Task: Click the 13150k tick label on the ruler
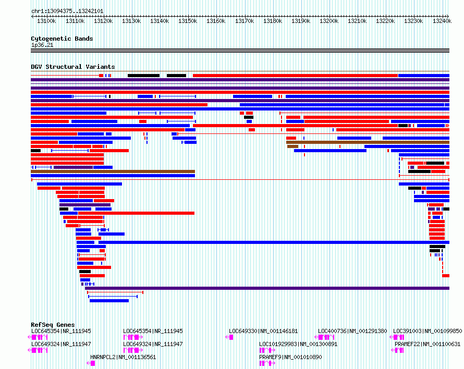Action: (x=188, y=21)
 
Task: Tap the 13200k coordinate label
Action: (x=329, y=21)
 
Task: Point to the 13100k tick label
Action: (x=46, y=21)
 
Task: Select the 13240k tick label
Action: (x=442, y=21)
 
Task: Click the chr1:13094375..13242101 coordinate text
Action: (x=67, y=11)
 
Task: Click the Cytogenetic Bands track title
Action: (x=62, y=39)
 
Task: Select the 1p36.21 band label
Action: (x=42, y=45)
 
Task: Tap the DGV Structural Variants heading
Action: (x=73, y=67)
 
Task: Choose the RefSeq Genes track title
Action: (x=53, y=325)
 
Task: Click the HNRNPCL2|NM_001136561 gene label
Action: (x=123, y=357)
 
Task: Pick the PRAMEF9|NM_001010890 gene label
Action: (x=290, y=357)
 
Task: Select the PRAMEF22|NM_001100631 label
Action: (x=428, y=344)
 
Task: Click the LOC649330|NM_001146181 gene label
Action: (x=263, y=331)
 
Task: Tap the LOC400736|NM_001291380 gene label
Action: (x=352, y=331)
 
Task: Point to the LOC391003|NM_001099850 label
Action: (x=428, y=331)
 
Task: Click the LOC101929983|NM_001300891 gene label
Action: (x=298, y=344)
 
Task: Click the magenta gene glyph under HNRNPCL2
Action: (x=91, y=363)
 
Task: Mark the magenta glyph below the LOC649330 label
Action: (x=229, y=337)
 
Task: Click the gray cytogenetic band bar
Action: (x=240, y=51)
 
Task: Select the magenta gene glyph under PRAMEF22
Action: (x=397, y=350)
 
